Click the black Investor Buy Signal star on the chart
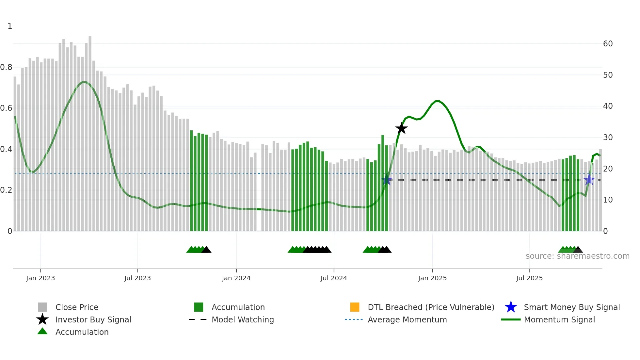click(401, 128)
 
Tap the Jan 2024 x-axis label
click(236, 278)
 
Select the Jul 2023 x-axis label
click(137, 278)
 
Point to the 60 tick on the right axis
click(608, 44)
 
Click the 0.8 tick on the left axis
click(7, 67)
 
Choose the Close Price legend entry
click(76, 307)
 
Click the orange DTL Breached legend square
click(355, 307)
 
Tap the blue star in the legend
click(511, 307)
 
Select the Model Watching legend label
click(243, 319)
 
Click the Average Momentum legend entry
click(407, 319)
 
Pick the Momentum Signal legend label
click(559, 319)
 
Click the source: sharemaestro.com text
click(577, 256)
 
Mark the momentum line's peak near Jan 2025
click(438, 101)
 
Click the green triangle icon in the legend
click(42, 331)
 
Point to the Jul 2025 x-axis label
click(529, 278)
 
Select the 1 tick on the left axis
click(10, 26)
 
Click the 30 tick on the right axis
click(608, 138)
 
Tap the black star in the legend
click(42, 319)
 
